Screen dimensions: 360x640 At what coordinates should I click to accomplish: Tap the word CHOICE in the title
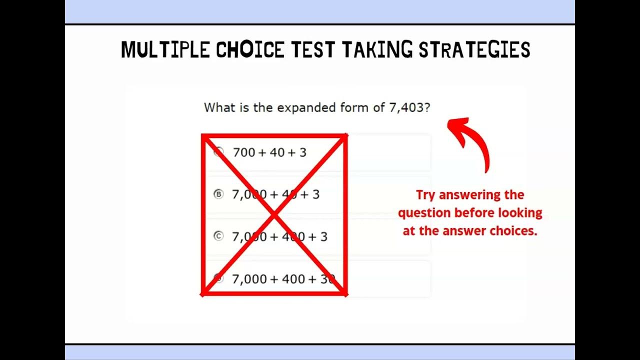pos(250,50)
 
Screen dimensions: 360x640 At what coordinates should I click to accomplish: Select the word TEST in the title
pos(313,50)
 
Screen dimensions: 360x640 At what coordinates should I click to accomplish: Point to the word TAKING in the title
pos(378,50)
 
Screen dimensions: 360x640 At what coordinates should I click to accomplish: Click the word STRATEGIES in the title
pos(474,50)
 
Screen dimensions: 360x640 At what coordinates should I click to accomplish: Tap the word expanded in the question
pos(302,108)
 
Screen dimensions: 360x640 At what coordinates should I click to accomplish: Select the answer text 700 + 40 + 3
pos(269,152)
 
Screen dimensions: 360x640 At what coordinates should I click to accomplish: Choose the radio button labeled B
pos(218,194)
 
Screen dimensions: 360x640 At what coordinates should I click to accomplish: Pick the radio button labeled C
pos(218,236)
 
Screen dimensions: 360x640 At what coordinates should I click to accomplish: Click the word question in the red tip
pos(423,213)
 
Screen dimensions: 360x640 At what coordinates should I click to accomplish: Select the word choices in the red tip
pos(514,231)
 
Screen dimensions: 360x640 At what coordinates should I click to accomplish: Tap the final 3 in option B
pos(316,194)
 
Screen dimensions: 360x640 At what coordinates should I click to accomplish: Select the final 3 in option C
pos(324,236)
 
